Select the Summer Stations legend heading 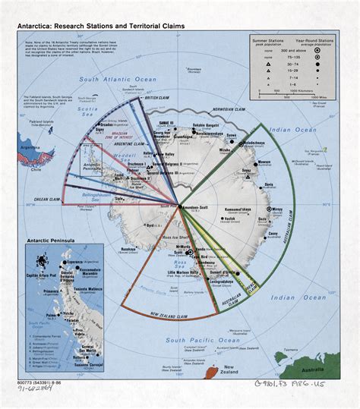[265, 41]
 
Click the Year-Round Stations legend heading [316, 41]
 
